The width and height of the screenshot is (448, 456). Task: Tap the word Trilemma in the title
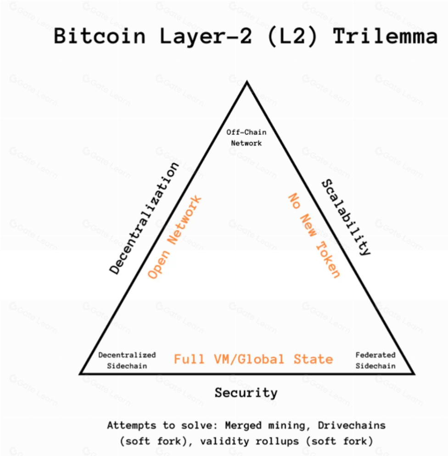coord(385,36)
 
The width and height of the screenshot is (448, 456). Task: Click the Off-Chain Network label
coord(246,138)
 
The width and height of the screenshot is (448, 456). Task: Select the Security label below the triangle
coord(246,393)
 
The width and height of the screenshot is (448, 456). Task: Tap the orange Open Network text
coord(174,237)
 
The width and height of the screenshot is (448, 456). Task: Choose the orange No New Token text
coord(314,235)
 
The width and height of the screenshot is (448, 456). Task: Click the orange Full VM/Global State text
coord(253,359)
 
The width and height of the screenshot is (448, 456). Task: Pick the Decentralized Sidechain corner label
coord(127,361)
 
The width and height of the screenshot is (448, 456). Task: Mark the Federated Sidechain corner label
coord(375,361)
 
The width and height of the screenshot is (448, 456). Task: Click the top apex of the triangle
coord(247,83)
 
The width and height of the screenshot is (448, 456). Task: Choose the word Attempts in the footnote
coord(127,425)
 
